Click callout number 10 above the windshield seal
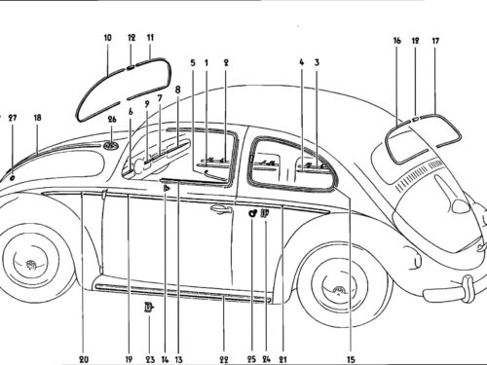click(107, 38)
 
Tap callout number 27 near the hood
click(13, 118)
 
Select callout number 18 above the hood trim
click(38, 118)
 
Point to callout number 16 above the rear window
click(397, 41)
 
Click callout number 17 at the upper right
click(435, 41)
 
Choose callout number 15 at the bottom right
click(351, 359)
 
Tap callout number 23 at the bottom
click(150, 359)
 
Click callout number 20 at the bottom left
click(84, 359)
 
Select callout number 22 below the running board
click(224, 359)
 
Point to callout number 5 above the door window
click(193, 62)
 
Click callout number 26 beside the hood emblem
click(112, 120)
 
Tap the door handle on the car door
click(221, 209)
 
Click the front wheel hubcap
click(31, 264)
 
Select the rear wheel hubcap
click(339, 290)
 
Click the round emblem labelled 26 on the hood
click(111, 145)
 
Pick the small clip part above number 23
click(149, 307)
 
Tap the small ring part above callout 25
click(252, 213)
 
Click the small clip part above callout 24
click(265, 213)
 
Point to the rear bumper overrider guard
click(468, 288)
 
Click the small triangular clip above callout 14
click(166, 188)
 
